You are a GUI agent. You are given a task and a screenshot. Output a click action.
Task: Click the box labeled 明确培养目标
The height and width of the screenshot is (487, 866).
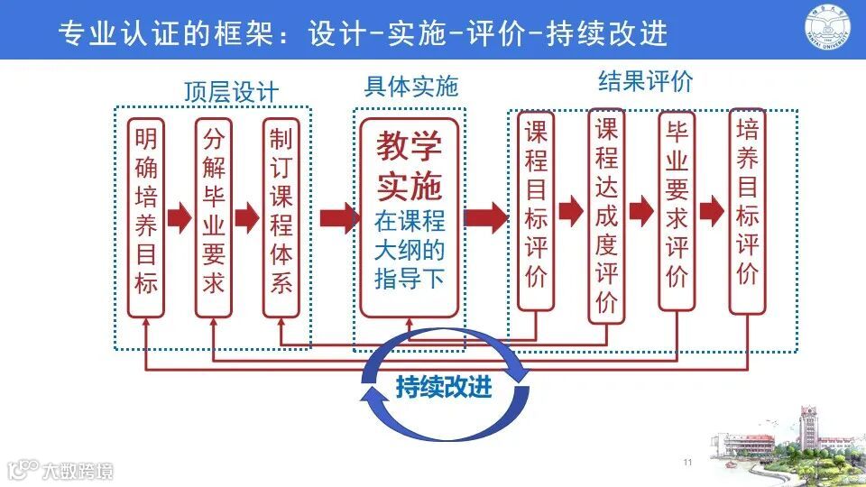pos(145,216)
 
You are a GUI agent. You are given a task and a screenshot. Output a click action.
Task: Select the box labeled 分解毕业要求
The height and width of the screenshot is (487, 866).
pos(214,216)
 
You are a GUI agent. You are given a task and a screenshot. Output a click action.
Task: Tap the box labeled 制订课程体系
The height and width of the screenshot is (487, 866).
pos(281,216)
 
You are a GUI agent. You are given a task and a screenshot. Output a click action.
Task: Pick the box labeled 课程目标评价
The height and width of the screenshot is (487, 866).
pos(537,212)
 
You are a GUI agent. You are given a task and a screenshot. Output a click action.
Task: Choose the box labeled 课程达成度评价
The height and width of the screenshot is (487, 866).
pos(606,215)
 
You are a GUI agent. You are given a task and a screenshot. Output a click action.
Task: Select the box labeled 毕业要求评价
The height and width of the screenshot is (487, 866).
pos(677,212)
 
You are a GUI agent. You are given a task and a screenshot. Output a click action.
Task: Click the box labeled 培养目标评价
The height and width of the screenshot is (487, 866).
pos(747,212)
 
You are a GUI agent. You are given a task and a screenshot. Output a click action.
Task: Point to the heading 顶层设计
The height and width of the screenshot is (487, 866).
pos(231,92)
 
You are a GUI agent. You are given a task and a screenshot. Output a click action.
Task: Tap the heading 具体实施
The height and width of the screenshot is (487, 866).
pos(411,87)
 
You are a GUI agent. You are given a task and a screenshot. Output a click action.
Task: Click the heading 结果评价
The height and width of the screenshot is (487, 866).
pos(646,81)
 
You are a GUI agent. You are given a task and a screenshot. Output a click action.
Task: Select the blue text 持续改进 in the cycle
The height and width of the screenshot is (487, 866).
pos(444,387)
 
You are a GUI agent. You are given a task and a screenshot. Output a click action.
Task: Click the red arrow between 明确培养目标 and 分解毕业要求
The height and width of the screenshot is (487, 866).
pos(180,216)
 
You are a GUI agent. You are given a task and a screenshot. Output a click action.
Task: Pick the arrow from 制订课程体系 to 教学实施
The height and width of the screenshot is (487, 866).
pos(335,216)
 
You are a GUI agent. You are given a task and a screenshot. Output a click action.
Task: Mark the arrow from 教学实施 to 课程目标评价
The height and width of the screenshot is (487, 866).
pos(486,216)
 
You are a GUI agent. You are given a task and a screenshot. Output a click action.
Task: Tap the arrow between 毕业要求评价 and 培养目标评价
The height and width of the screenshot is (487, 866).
pos(712,211)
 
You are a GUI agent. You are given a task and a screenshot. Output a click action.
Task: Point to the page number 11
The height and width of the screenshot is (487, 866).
pos(687,463)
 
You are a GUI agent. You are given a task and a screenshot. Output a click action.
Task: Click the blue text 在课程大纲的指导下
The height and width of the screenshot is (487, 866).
pos(410,249)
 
